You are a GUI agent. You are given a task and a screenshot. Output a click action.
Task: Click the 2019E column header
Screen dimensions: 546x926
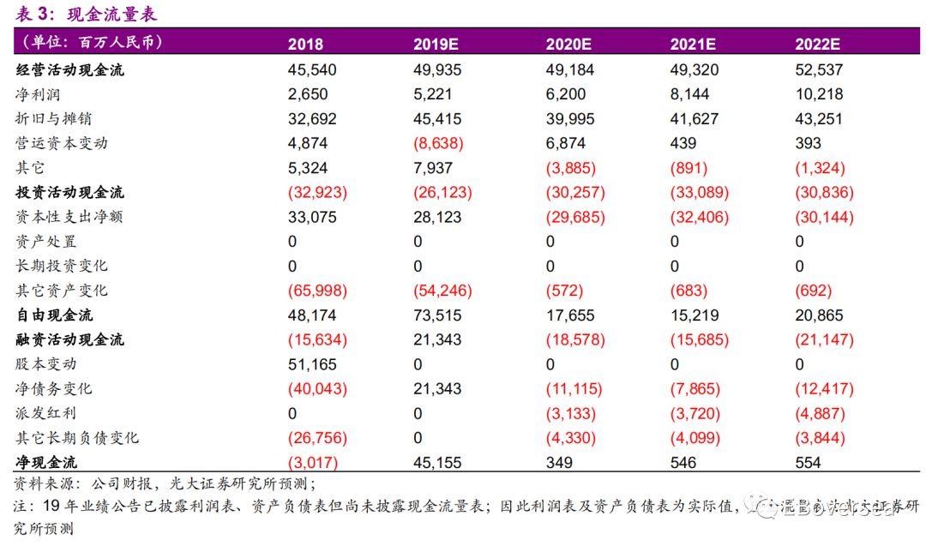[x=437, y=45]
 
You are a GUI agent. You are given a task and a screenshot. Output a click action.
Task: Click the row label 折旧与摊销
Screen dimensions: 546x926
[x=55, y=119]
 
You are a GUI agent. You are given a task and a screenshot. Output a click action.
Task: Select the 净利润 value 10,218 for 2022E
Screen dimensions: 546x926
[x=819, y=94]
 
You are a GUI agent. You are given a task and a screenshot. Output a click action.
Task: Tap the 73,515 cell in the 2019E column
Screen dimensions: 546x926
[x=437, y=315]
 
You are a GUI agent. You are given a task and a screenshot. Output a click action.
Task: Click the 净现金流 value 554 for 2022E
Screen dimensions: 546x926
[x=808, y=463]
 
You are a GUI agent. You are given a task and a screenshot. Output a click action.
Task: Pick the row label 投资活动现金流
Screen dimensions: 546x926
[x=69, y=193]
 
